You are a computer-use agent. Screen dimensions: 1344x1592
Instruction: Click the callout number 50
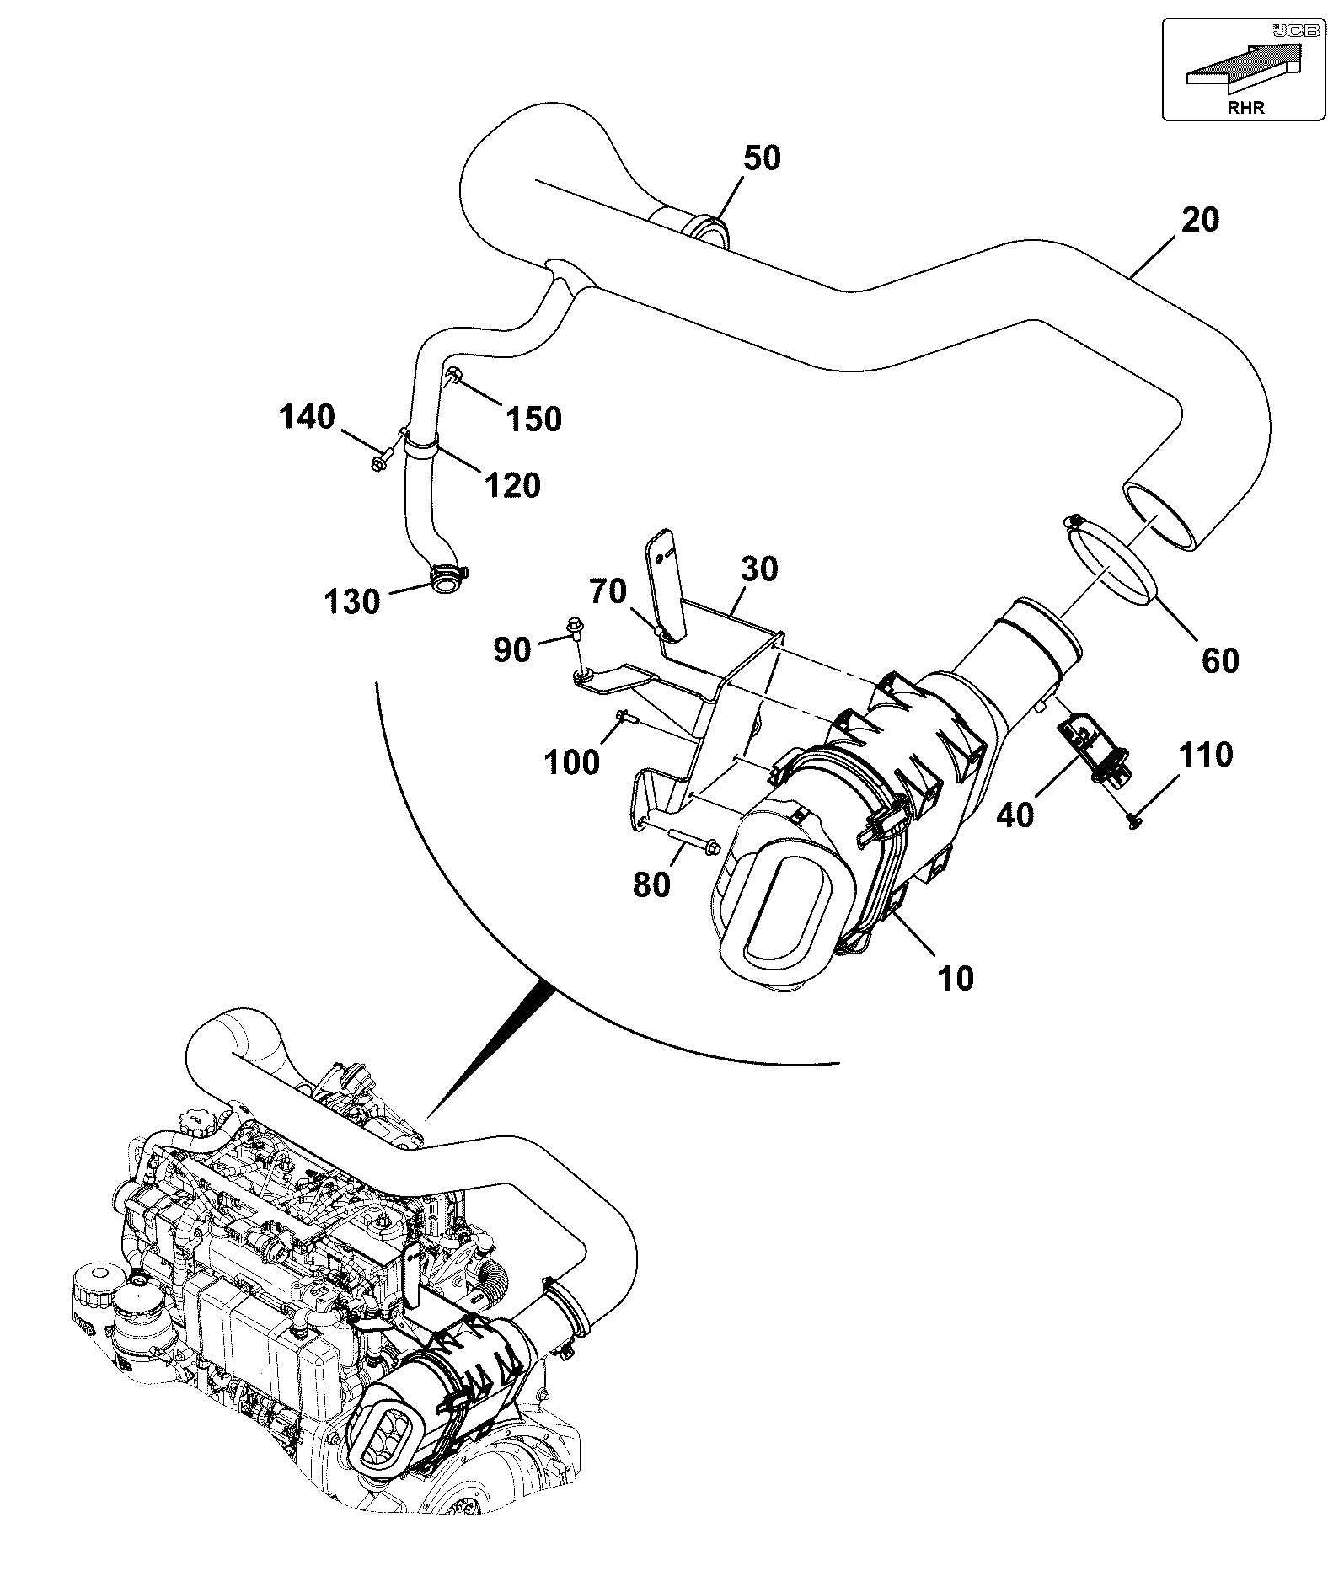click(761, 158)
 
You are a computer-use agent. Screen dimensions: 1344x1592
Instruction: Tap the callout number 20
click(1200, 220)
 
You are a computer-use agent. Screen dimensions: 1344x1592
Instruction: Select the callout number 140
click(307, 416)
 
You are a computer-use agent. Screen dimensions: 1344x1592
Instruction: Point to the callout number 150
click(533, 418)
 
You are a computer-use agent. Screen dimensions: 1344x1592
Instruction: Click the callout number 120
click(512, 484)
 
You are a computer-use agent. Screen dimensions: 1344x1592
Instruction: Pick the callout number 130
click(353, 601)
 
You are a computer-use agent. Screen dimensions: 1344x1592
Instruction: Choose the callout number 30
click(759, 569)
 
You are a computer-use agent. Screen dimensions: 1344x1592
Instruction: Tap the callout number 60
click(1219, 660)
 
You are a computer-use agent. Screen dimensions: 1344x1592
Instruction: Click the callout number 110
click(1204, 755)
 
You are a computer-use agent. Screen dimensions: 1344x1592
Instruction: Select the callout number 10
click(955, 978)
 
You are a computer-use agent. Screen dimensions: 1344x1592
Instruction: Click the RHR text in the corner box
click(1246, 107)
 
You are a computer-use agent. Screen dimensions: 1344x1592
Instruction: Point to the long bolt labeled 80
click(693, 840)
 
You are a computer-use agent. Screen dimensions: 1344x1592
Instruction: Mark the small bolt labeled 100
click(626, 717)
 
